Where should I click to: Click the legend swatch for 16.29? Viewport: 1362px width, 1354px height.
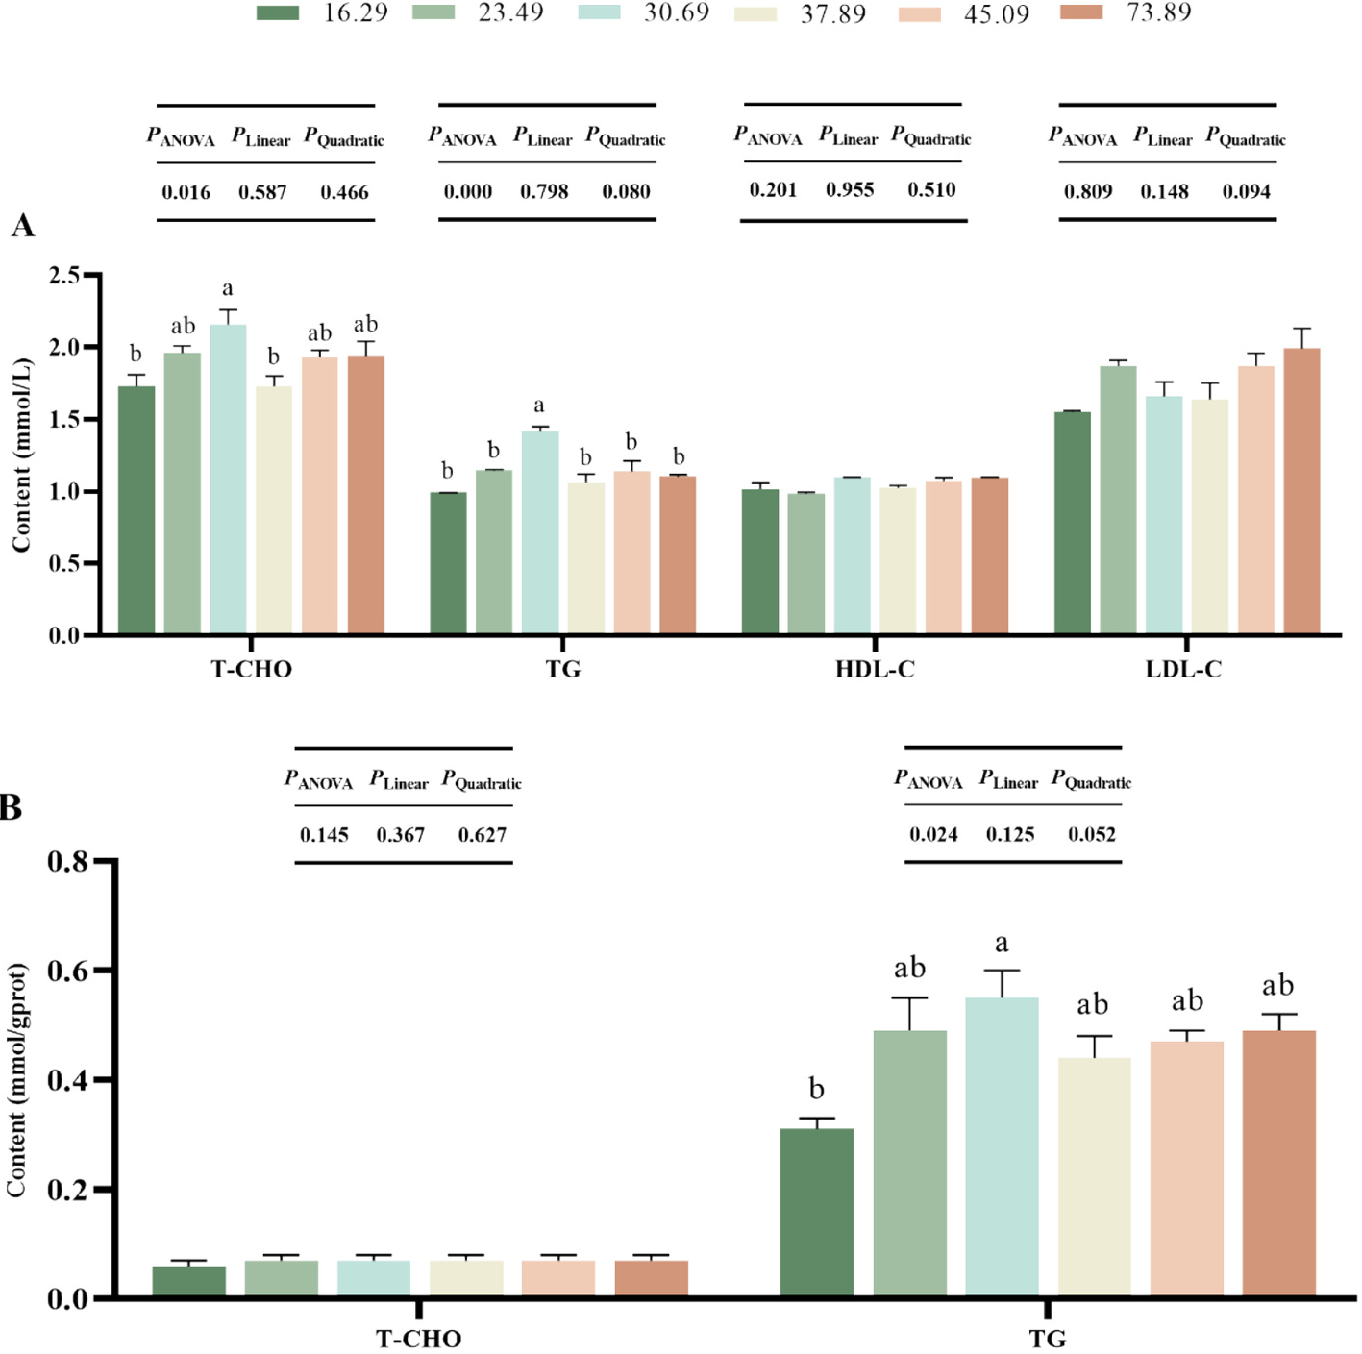(278, 12)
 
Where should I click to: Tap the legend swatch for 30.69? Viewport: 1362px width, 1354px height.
(599, 12)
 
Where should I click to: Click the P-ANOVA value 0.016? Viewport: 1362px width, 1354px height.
(186, 192)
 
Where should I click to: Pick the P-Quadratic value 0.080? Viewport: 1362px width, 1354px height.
(626, 191)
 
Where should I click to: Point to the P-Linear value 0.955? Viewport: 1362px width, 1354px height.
(850, 189)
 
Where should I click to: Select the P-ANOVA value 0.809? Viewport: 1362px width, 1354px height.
(1087, 191)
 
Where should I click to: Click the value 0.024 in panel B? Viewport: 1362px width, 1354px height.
(933, 834)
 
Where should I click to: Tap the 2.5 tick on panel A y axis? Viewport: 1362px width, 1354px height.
(64, 276)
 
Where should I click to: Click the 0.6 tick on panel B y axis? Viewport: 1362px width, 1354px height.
(67, 971)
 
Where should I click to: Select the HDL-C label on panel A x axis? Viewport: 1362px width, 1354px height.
(875, 669)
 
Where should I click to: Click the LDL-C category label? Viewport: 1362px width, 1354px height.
(1183, 669)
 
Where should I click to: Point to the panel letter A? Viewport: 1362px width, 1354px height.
(22, 226)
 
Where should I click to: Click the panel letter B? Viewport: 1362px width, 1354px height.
(12, 807)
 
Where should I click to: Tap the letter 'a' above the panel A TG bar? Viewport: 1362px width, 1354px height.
(538, 406)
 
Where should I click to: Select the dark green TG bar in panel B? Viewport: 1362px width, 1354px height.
(816, 1213)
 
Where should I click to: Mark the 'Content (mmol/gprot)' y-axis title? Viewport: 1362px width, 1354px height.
(16, 1080)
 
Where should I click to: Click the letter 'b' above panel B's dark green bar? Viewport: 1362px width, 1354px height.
(816, 1089)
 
